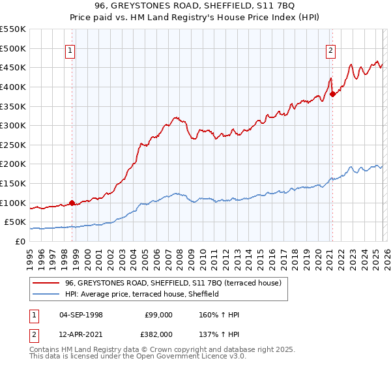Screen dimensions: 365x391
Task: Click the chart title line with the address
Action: [195, 6]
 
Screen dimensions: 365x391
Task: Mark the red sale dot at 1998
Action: [72, 203]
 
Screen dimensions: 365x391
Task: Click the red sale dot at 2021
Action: [332, 94]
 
